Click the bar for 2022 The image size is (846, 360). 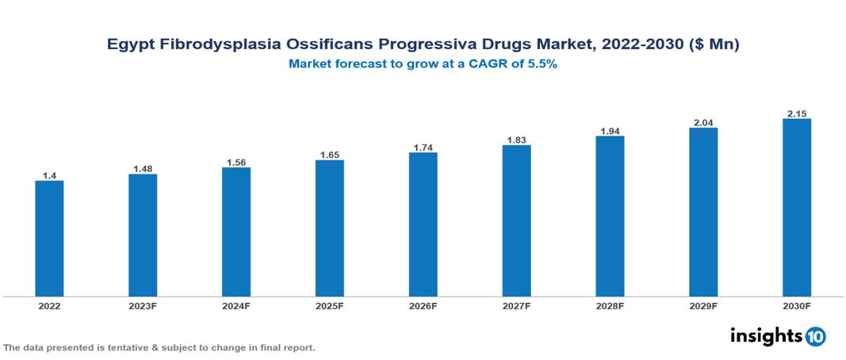click(49, 239)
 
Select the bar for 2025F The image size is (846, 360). click(329, 228)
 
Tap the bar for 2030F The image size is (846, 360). click(796, 208)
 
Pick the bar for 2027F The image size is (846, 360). click(516, 221)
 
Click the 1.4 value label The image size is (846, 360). click(49, 174)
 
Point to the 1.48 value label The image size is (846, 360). click(143, 168)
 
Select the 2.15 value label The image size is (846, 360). click(796, 113)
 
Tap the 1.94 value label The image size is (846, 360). click(610, 130)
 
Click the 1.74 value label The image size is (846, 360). click(423, 147)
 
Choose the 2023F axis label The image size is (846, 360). click(143, 305)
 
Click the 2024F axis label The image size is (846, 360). click(236, 305)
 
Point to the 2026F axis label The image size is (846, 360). click(423, 305)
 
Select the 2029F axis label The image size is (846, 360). click(702, 305)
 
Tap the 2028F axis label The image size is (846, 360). click(610, 305)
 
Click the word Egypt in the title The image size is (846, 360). click(130, 45)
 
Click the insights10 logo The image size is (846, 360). click(777, 335)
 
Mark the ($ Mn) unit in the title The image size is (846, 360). click(714, 45)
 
